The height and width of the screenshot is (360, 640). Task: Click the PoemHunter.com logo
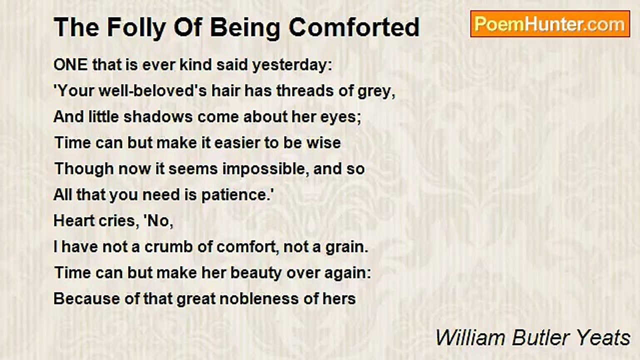pos(550,24)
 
